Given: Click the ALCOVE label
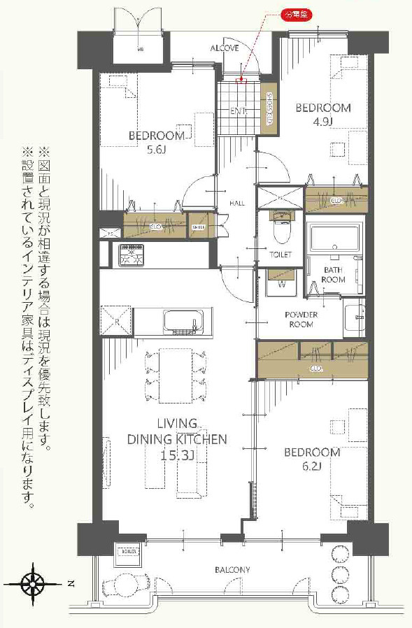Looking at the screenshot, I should [x=225, y=48].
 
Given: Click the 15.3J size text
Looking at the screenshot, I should [x=176, y=454].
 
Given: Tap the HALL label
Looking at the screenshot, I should [x=237, y=203].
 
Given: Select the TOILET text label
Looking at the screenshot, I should [x=280, y=255].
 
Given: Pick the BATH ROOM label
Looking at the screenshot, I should [x=333, y=274].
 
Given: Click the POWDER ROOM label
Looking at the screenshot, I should [x=301, y=320].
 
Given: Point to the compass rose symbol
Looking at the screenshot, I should [x=33, y=582].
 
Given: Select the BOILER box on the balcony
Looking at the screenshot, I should [x=128, y=550].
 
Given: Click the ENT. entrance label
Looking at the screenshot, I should [x=239, y=110].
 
